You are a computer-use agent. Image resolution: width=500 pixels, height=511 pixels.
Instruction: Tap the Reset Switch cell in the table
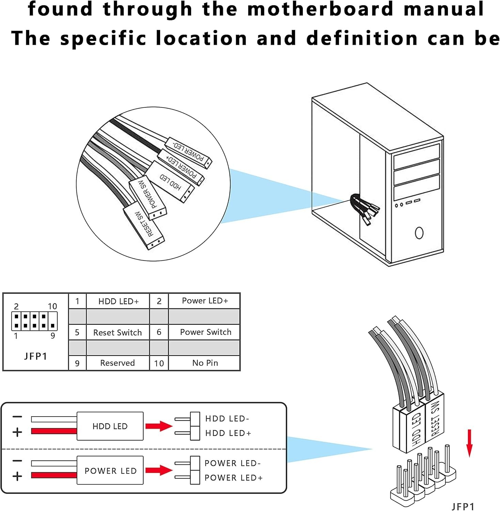point(118,332)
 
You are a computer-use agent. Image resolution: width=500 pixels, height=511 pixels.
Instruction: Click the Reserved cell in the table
point(118,363)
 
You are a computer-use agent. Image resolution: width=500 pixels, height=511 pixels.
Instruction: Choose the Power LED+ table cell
point(205,301)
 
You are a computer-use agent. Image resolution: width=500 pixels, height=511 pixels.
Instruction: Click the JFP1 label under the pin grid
point(35,356)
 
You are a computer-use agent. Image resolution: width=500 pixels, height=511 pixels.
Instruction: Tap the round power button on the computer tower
point(419,233)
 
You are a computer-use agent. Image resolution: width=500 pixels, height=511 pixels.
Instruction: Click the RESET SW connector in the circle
point(144,226)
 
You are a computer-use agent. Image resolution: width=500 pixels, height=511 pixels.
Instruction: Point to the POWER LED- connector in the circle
point(189,152)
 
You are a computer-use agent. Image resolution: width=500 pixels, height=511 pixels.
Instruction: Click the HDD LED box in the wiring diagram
point(110,426)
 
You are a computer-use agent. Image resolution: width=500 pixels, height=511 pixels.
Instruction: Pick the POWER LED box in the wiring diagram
point(110,470)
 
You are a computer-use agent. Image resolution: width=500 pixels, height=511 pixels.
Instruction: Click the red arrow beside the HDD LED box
point(159,426)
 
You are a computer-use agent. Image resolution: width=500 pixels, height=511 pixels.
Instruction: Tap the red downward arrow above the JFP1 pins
point(469,443)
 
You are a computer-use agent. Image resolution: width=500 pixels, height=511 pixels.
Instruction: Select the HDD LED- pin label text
point(227,419)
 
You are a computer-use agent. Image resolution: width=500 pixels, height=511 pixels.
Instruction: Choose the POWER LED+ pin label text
point(234,478)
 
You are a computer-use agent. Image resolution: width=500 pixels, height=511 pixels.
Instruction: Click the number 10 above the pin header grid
point(52,306)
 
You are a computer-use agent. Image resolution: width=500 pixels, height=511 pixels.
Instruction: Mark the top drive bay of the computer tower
point(417,157)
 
